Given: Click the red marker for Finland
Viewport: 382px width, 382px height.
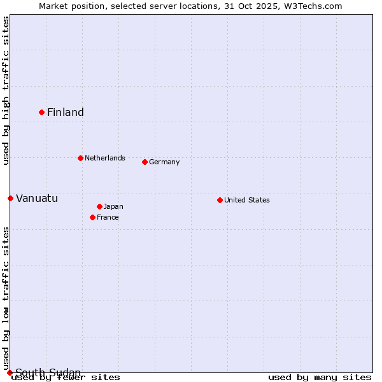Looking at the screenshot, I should [42, 112].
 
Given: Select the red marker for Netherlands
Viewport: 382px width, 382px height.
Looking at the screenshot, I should [80, 158].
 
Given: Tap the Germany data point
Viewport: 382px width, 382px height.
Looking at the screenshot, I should [145, 162].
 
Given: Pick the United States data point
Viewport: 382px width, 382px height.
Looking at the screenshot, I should [220, 200].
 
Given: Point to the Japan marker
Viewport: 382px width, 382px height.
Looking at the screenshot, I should [99, 206].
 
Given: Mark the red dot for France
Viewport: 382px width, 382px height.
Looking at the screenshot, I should [92, 217].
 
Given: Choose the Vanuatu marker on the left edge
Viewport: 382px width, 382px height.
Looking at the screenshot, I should [10, 198].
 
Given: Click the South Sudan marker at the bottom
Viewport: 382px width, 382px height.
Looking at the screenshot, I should [10, 372].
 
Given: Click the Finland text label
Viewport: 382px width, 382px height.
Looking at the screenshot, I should [66, 113].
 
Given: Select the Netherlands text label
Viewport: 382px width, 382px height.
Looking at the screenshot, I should [105, 158].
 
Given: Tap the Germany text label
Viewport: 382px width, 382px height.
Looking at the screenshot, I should [164, 162].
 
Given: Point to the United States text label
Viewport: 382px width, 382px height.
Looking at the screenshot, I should [247, 200].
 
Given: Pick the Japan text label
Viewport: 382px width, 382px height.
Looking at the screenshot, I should [113, 206].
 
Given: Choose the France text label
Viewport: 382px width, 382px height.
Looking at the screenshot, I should [108, 217].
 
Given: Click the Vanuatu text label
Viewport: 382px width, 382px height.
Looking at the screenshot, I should [37, 198].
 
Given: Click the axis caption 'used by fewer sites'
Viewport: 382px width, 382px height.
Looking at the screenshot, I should [66, 378].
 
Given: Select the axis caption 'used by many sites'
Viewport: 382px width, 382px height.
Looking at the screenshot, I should [320, 378].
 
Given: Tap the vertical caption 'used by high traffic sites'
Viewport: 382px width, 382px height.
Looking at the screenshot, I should [6, 90].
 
